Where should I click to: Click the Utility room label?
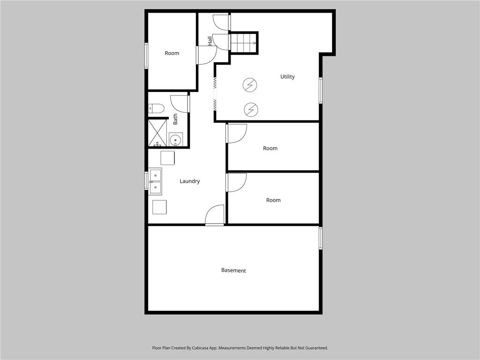[x=287, y=77]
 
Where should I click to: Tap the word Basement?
[x=233, y=270]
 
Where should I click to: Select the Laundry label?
[x=190, y=181]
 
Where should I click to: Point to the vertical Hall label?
[x=210, y=41]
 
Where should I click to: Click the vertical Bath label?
[x=175, y=119]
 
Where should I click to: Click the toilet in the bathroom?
[x=156, y=109]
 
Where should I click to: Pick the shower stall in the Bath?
[x=157, y=133]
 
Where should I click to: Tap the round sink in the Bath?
[x=175, y=139]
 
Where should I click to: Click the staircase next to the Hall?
[x=244, y=43]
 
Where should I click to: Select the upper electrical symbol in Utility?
[x=250, y=85]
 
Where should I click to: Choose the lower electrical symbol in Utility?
[x=251, y=110]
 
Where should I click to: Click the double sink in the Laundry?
[x=155, y=181]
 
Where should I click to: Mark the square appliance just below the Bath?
[x=167, y=158]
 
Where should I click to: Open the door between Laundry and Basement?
[x=215, y=216]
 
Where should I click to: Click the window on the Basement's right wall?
[x=321, y=238]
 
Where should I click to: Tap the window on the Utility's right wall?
[x=321, y=90]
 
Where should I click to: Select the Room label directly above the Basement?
[x=273, y=200]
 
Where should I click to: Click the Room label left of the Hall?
[x=172, y=53]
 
